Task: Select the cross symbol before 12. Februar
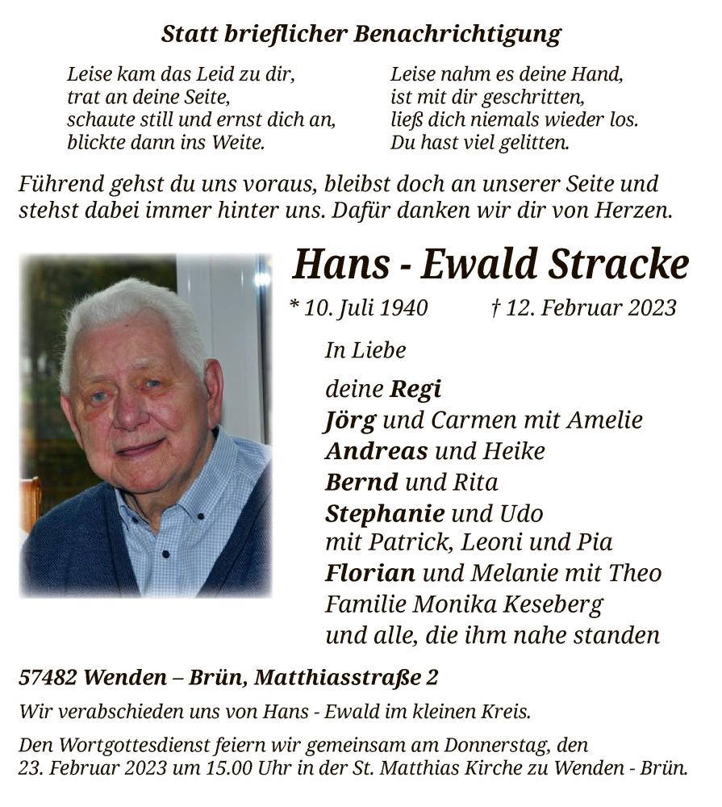495,307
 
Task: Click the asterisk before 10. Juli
295,306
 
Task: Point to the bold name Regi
415,391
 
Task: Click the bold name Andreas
376,451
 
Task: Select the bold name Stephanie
385,514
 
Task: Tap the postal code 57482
48,678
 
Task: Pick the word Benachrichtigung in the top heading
457,35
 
